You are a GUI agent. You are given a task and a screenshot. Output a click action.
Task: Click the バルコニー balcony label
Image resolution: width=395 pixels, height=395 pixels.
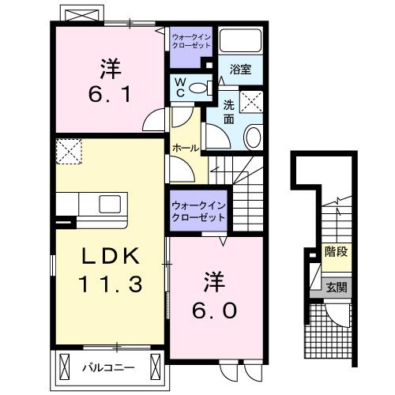(108, 366)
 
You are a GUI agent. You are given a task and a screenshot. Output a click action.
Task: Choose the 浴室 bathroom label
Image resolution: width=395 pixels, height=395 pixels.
(241, 70)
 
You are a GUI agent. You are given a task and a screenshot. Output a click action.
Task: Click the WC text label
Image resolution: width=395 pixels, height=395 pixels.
(179, 86)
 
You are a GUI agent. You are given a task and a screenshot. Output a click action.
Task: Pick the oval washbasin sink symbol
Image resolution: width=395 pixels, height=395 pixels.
(254, 137)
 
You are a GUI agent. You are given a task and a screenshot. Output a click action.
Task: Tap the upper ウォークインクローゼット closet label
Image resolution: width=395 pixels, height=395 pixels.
(190, 41)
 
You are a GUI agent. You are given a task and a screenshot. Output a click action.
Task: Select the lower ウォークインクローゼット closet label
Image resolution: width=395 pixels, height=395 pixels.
(198, 211)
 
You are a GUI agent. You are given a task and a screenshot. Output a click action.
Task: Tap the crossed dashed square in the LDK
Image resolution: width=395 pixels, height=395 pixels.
(69, 150)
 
